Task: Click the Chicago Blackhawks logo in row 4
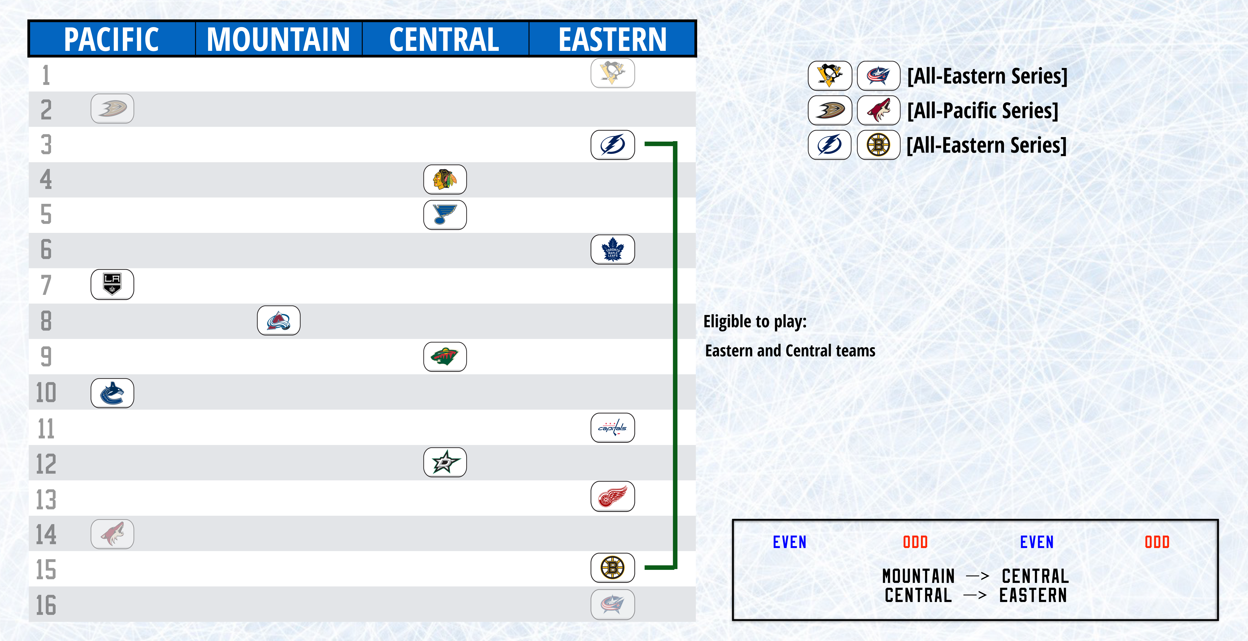[x=445, y=179]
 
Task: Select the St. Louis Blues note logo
[x=445, y=215]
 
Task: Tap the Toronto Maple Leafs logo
[x=612, y=249]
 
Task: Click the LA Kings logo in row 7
[x=112, y=284]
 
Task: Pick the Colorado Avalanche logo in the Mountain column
[x=279, y=320]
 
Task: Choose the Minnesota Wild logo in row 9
[x=445, y=357]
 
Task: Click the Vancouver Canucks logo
[x=112, y=393]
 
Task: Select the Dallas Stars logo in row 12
[x=445, y=462]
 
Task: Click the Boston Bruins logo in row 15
[x=612, y=567]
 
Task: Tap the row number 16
[x=46, y=605]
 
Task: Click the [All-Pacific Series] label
[x=982, y=110]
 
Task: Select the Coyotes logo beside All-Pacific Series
[x=878, y=110]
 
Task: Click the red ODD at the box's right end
[x=1157, y=542]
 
